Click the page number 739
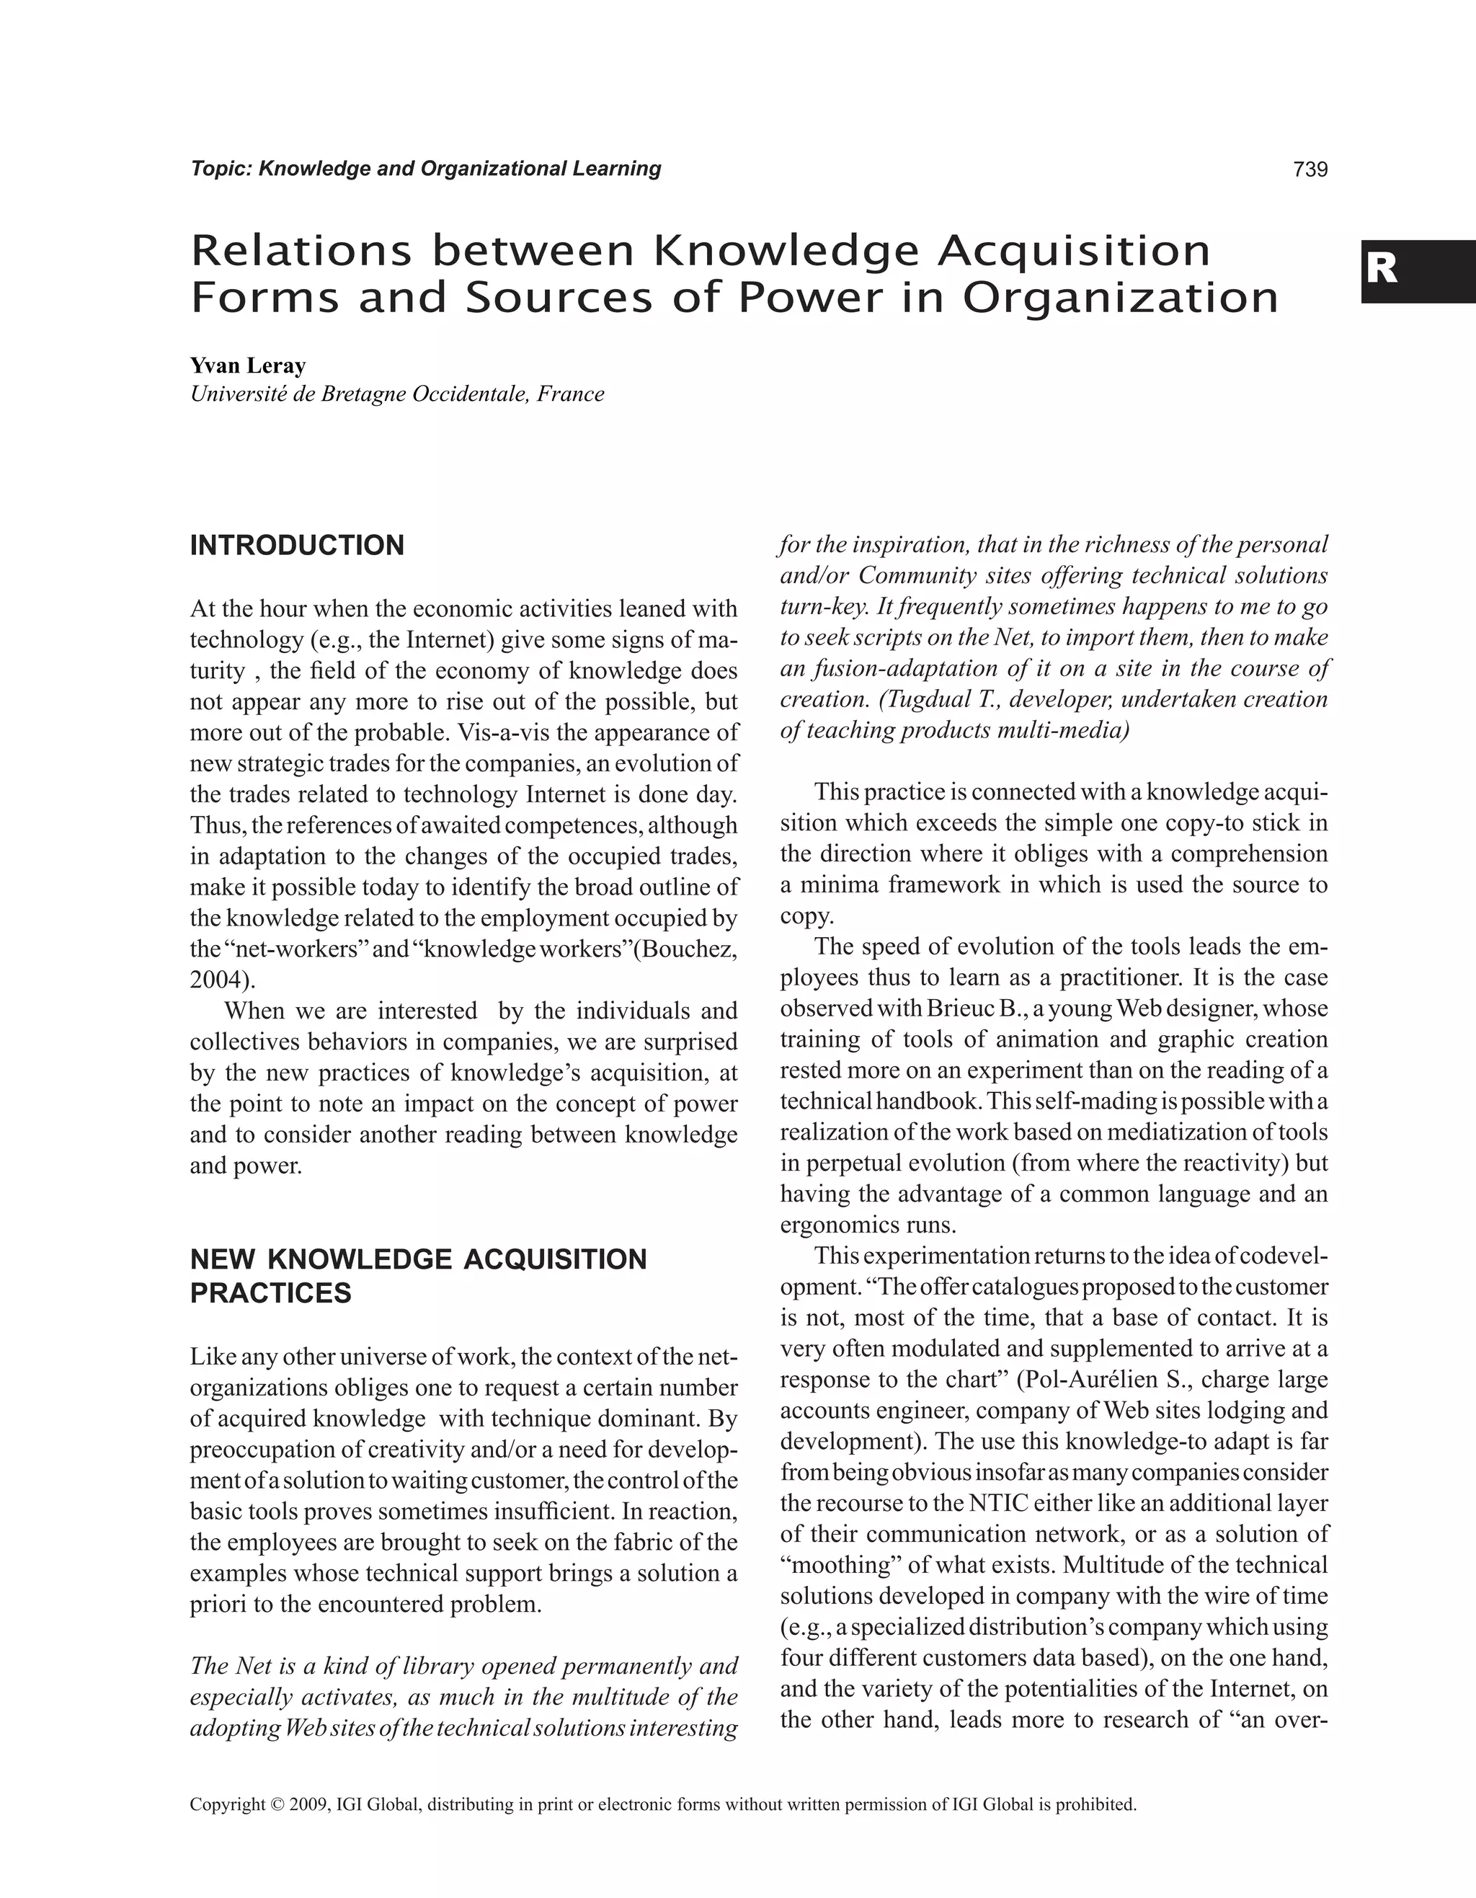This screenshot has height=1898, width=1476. [1310, 169]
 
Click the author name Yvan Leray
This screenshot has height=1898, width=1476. [248, 366]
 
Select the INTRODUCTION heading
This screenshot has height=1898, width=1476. [297, 546]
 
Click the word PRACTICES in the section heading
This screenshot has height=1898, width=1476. [270, 1293]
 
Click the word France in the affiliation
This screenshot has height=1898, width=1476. [570, 394]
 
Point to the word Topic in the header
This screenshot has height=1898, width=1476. [221, 169]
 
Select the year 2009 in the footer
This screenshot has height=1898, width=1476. [310, 1805]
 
